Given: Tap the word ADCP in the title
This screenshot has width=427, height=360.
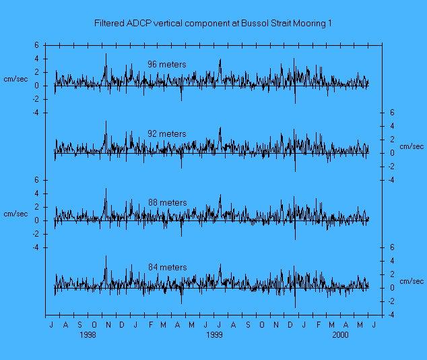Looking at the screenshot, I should pos(139,24).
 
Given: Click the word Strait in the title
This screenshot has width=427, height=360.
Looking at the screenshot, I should pos(277,24).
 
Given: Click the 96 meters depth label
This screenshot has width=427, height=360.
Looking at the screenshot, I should pos(167,65).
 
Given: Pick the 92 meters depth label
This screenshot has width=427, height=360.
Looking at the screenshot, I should pos(167,133).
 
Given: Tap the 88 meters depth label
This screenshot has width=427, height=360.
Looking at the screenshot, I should pos(167,202).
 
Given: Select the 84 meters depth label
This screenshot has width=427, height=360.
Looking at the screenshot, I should pos(167,268).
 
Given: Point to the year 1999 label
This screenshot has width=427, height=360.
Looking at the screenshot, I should pos(215,334).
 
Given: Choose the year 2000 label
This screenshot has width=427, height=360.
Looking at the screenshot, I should pos(341,334).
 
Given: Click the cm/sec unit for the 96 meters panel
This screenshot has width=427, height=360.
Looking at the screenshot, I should pos(16,79).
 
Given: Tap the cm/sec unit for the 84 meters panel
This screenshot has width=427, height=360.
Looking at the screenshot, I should pos(412,281).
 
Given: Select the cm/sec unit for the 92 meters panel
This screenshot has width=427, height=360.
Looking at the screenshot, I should pos(412,146).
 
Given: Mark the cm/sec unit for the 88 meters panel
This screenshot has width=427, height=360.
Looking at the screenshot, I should pos(16,214).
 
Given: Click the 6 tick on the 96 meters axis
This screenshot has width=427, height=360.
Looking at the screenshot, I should pos(38,45).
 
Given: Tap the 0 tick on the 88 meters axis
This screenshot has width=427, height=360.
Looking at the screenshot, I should pos(38,220).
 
